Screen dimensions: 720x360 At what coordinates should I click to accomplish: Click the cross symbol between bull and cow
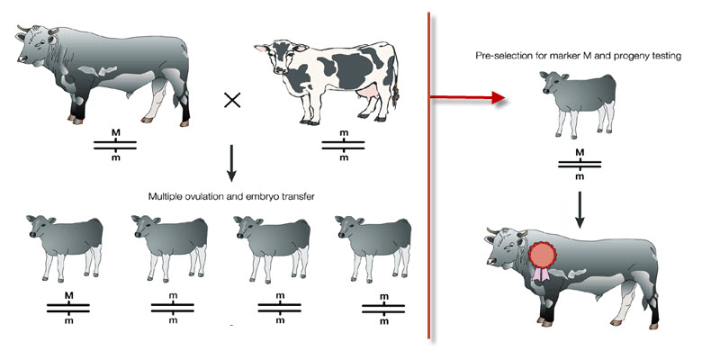coord(232,100)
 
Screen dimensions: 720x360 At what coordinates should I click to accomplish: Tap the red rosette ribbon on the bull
coord(542,260)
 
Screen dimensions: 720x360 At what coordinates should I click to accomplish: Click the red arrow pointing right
coord(467,97)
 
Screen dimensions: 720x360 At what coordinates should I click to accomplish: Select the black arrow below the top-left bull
coord(231,164)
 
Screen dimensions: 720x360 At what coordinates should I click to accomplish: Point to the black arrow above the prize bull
coord(580,210)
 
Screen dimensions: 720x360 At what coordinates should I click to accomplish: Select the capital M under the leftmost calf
coord(69,296)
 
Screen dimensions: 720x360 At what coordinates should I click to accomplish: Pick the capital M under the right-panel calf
coord(580,152)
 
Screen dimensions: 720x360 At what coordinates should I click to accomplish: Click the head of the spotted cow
coord(280,57)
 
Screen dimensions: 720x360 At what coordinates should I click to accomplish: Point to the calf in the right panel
coord(578,104)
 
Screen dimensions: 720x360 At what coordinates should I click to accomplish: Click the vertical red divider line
coord(429,175)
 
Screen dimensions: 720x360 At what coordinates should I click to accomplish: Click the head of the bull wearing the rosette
coord(504,249)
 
